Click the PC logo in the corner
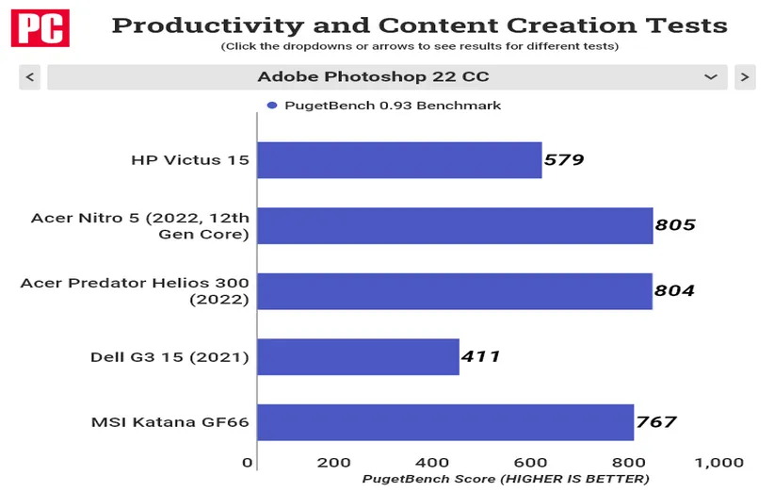pos(40,27)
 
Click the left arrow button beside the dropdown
pos(30,77)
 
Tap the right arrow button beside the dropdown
pos(745,77)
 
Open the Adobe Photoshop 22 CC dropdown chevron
pos(711,77)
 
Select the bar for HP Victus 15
pos(399,160)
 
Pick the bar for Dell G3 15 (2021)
pos(358,357)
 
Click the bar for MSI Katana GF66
pos(445,422)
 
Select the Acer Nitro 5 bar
pos(455,225)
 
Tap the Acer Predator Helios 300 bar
pos(455,291)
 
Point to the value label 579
pos(564,160)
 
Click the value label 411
pos(481,357)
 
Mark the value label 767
pos(655,422)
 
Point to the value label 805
pos(675,225)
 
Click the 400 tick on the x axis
pos(431,463)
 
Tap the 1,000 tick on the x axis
pos(718,463)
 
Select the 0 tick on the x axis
pos(248,463)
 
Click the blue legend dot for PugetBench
pos(271,106)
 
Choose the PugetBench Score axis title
pos(506,479)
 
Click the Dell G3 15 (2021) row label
pos(169,357)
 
